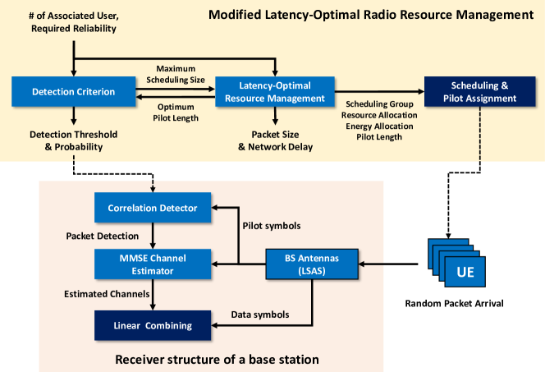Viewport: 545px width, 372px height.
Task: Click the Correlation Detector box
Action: (x=152, y=208)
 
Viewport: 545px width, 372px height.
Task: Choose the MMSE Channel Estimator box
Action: (x=152, y=264)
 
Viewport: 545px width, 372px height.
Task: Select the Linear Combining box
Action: (x=152, y=325)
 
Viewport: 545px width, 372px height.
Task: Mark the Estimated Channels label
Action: (x=95, y=293)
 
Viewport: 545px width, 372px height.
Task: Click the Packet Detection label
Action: (x=95, y=237)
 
